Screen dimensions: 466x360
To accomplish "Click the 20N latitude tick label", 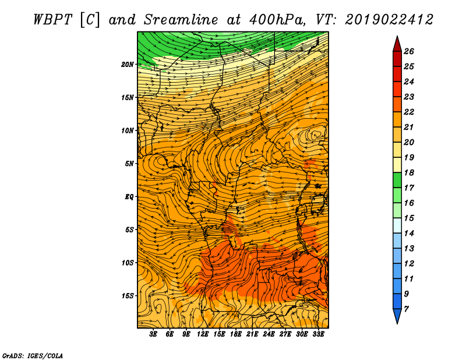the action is pos(128,65).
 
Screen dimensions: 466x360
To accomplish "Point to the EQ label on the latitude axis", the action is pos(129,197).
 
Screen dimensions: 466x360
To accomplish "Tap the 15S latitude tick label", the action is pos(128,296).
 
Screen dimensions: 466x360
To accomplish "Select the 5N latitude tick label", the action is pos(129,164).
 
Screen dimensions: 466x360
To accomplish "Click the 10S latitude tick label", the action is pos(128,263).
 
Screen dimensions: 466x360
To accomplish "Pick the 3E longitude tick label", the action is pos(153,334).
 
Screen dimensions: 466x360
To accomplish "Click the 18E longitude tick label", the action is pos(236,334).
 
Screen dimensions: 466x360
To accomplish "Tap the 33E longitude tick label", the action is pos(318,334).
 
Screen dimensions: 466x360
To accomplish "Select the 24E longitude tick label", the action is pos(269,334).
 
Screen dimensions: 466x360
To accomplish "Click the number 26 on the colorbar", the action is pos(409,51).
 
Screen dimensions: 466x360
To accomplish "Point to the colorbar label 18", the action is pos(409,172).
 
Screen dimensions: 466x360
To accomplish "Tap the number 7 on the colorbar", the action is pos(407,309).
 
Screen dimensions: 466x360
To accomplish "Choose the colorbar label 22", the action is pos(409,112).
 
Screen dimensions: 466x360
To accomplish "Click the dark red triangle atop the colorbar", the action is pos(397,45).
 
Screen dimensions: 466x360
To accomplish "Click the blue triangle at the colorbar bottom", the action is pos(397,316).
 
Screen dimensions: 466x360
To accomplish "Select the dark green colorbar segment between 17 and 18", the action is pos(397,180).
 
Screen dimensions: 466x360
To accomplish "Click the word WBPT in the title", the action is pos(52,20).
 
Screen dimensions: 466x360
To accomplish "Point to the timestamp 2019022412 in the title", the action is pos(389,20).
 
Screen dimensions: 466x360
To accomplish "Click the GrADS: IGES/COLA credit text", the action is pos(33,355).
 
